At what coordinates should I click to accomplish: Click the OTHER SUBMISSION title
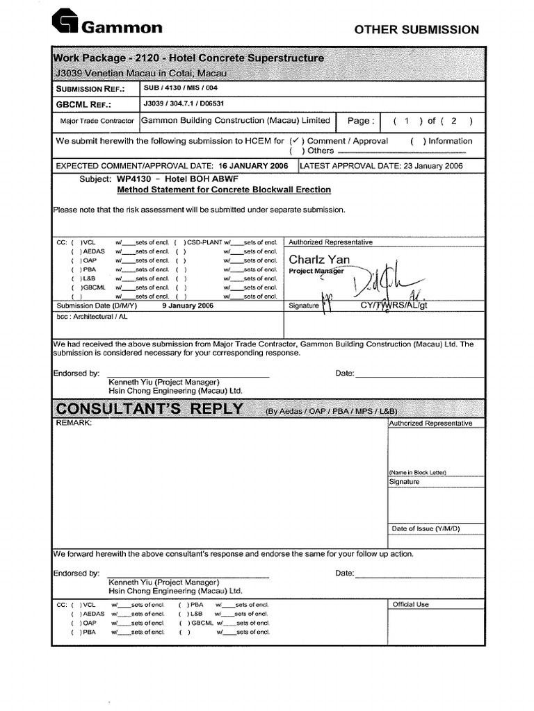coord(416,30)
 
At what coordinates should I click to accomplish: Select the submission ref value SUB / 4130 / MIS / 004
coord(184,89)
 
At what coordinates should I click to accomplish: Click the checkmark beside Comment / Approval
coord(295,140)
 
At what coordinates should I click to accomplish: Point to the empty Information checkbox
coord(418,141)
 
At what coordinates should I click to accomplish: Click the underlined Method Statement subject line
coord(223,190)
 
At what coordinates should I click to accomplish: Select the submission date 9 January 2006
coord(187,306)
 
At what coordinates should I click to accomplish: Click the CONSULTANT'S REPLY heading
coord(149,408)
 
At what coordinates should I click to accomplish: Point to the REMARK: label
coord(74,423)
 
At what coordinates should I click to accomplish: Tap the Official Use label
coord(411,604)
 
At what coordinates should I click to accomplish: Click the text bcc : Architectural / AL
coord(92,316)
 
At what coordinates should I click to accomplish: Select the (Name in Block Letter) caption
coord(417,472)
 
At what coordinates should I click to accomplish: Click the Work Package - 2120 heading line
coord(188,58)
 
